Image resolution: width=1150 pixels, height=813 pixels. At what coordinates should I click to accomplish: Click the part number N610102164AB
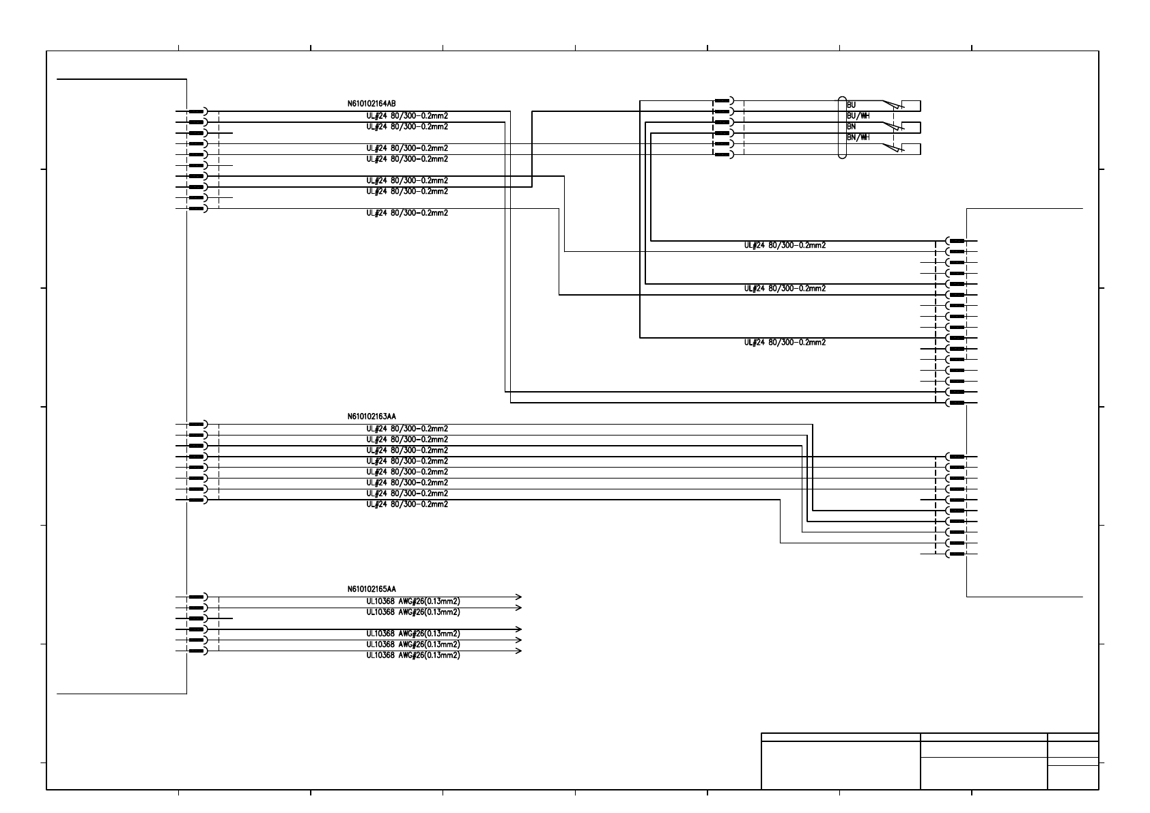point(371,104)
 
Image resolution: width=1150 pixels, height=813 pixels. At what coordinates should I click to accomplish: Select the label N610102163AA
point(371,416)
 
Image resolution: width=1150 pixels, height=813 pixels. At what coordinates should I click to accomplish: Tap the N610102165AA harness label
point(371,588)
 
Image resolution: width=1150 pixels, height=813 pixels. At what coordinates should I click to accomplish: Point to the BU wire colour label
point(852,105)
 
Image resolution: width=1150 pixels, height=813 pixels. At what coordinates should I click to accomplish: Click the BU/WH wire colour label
point(858,116)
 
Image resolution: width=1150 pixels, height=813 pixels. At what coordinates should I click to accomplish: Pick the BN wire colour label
point(852,127)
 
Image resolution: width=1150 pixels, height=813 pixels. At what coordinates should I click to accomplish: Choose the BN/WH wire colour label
point(858,138)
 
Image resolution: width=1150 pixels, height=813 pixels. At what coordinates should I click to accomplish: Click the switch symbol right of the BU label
point(893,105)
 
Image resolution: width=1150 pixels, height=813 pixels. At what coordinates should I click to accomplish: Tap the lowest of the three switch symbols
point(893,148)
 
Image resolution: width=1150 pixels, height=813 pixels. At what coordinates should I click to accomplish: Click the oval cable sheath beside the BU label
point(842,128)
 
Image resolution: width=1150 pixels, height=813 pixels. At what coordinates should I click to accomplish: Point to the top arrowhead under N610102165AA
point(518,597)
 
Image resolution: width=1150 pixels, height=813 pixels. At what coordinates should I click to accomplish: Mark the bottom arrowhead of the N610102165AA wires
point(518,651)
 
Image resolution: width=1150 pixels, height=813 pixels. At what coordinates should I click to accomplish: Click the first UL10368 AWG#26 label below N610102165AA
point(412,601)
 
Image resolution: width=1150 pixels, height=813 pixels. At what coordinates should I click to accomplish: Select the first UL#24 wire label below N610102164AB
point(407,116)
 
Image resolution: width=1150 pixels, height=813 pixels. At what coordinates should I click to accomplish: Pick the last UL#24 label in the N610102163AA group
point(407,504)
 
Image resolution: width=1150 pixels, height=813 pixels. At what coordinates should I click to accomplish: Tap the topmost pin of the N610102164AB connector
point(197,111)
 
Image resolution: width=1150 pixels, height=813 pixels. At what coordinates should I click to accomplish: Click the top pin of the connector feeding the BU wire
point(723,101)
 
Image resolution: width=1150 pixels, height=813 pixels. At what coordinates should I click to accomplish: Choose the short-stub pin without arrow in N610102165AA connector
point(197,618)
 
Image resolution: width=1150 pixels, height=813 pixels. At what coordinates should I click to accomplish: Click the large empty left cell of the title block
point(841,765)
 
